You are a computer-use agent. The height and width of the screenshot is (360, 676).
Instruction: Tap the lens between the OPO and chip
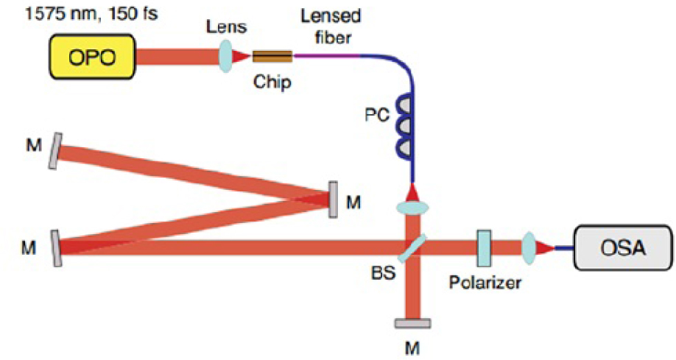pyautogui.click(x=225, y=56)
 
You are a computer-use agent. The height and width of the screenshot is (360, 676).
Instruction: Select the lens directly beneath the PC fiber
pyautogui.click(x=414, y=208)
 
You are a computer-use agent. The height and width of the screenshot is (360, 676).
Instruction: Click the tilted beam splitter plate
pyautogui.click(x=413, y=249)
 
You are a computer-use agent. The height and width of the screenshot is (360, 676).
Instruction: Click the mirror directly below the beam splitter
pyautogui.click(x=412, y=322)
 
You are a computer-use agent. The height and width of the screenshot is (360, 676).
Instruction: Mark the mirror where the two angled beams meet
pyautogui.click(x=333, y=199)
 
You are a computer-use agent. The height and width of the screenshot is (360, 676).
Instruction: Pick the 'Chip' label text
pyautogui.click(x=272, y=82)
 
